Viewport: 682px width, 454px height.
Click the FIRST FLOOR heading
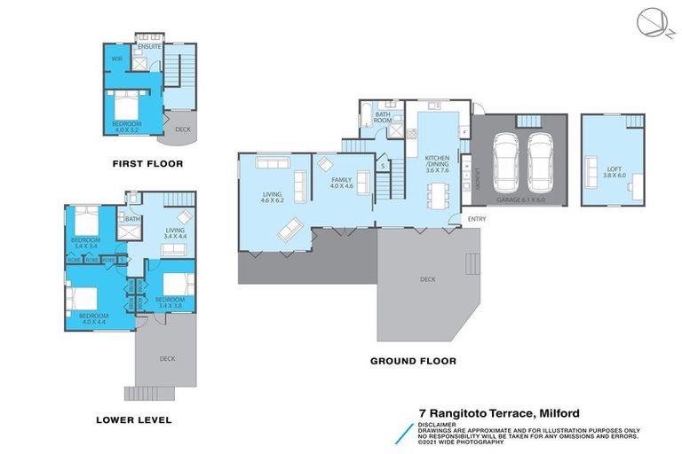coord(147,164)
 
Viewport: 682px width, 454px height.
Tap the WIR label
coord(116,59)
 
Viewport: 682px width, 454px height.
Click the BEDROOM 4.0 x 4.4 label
coord(93,318)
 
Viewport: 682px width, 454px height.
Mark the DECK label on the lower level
coord(167,359)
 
